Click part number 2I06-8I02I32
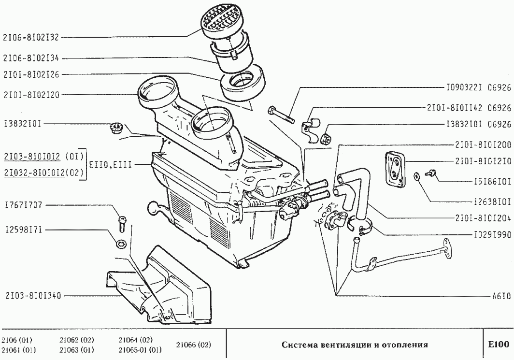click(x=31, y=37)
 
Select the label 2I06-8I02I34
click(x=31, y=58)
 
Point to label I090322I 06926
click(x=479, y=87)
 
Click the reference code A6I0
click(x=501, y=296)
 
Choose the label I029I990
click(x=493, y=235)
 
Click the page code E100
click(x=499, y=344)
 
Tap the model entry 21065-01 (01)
click(x=140, y=350)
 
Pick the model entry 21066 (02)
click(x=193, y=345)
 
